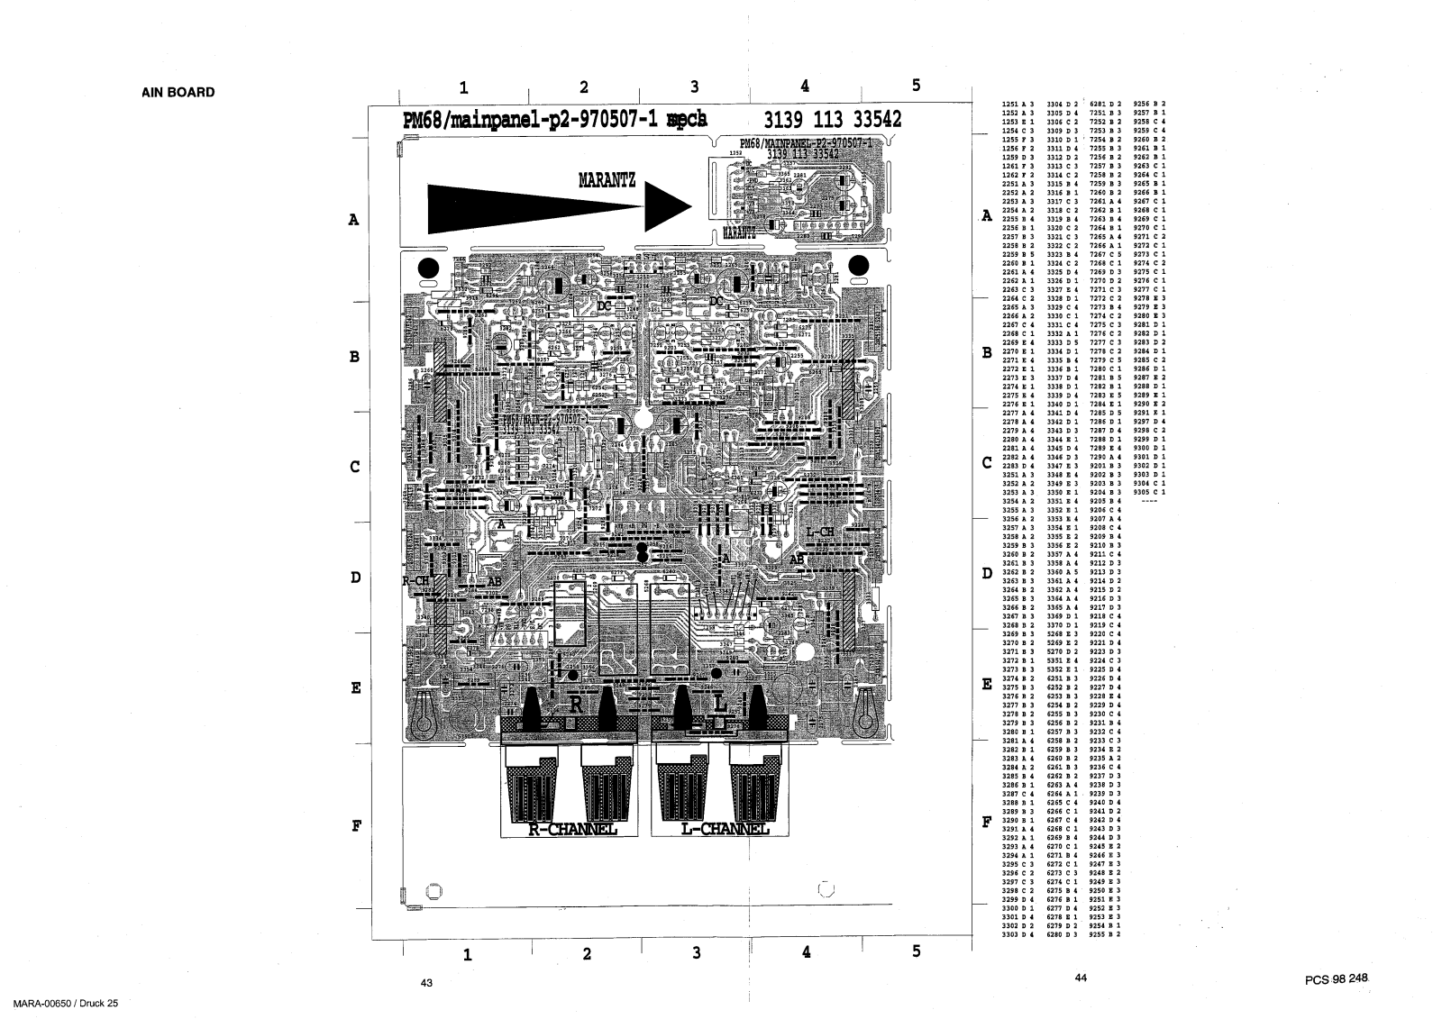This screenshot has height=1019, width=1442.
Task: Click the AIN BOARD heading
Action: (x=178, y=92)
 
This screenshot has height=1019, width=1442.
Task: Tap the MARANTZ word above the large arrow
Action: (x=607, y=180)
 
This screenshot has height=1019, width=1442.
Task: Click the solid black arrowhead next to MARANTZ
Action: (x=667, y=206)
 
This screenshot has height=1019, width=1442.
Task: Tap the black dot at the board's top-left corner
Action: (x=429, y=268)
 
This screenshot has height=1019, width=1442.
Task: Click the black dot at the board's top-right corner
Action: (x=859, y=266)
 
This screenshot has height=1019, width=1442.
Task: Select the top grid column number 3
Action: (x=694, y=86)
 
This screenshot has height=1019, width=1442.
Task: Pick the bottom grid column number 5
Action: (x=916, y=951)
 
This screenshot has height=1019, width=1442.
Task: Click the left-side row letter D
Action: (x=354, y=578)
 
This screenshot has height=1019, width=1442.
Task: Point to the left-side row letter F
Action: (x=356, y=824)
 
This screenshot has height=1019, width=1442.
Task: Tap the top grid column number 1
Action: (x=463, y=87)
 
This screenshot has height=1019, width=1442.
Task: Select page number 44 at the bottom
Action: (x=1081, y=978)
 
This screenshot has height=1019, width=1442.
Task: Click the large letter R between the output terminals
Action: (x=575, y=704)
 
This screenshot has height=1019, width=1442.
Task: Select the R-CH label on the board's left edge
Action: (x=415, y=581)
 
